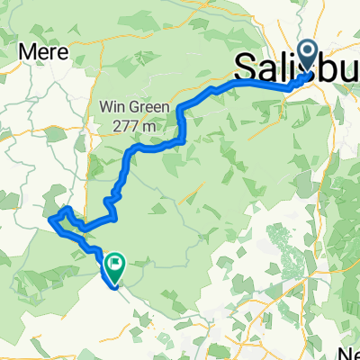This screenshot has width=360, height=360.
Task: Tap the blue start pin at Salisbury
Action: coord(309,59)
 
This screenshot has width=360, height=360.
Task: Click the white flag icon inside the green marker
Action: coord(115,264)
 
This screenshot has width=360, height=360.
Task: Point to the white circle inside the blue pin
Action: coord(309,55)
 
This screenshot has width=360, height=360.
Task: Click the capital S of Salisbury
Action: coord(246,67)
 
